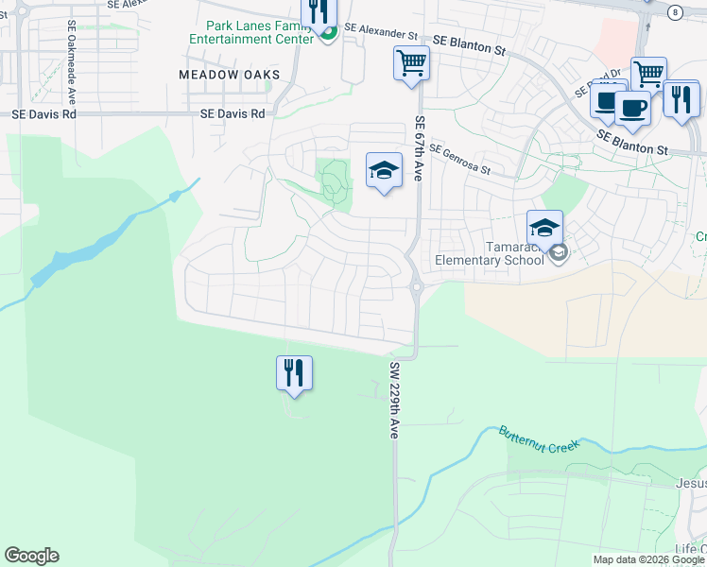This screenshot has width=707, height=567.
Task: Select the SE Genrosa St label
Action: pyautogui.click(x=459, y=159)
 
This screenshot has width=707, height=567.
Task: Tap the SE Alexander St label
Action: pyautogui.click(x=381, y=33)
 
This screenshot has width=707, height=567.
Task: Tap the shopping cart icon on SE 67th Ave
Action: pyautogui.click(x=411, y=64)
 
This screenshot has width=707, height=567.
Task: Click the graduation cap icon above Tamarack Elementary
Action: pyautogui.click(x=544, y=228)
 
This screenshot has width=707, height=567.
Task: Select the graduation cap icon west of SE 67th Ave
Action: pyautogui.click(x=383, y=170)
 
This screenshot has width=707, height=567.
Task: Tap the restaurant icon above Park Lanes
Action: pyautogui.click(x=319, y=10)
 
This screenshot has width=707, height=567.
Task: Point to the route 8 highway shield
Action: pyautogui.click(x=674, y=12)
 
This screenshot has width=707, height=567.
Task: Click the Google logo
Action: pyautogui.click(x=31, y=556)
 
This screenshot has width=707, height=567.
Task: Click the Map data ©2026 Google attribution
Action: pyautogui.click(x=648, y=559)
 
